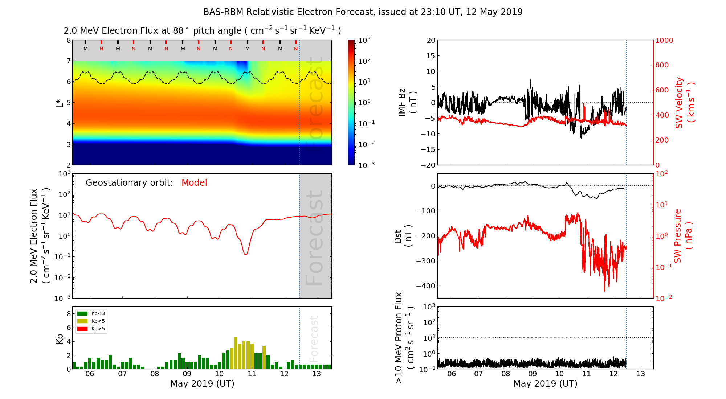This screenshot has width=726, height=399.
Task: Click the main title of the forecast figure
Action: pyautogui.click(x=363, y=12)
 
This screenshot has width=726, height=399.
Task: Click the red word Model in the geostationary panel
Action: pyautogui.click(x=194, y=183)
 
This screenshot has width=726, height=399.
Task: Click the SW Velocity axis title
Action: pyautogui.click(x=685, y=102)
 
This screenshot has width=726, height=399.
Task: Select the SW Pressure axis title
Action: pyautogui.click(x=683, y=236)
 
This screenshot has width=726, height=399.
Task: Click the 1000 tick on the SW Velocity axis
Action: pyautogui.click(x=664, y=40)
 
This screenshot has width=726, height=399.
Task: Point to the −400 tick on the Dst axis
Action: pyautogui.click(x=425, y=286)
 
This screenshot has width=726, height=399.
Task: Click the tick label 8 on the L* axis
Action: pyautogui.click(x=69, y=40)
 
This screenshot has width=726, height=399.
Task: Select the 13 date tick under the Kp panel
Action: pyautogui.click(x=317, y=374)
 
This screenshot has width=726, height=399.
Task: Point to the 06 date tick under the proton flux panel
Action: pyautogui.click(x=451, y=374)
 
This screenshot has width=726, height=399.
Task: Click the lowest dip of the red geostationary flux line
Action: pyautogui.click(x=246, y=255)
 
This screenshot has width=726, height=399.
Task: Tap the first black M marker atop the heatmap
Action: pyautogui.click(x=86, y=49)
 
